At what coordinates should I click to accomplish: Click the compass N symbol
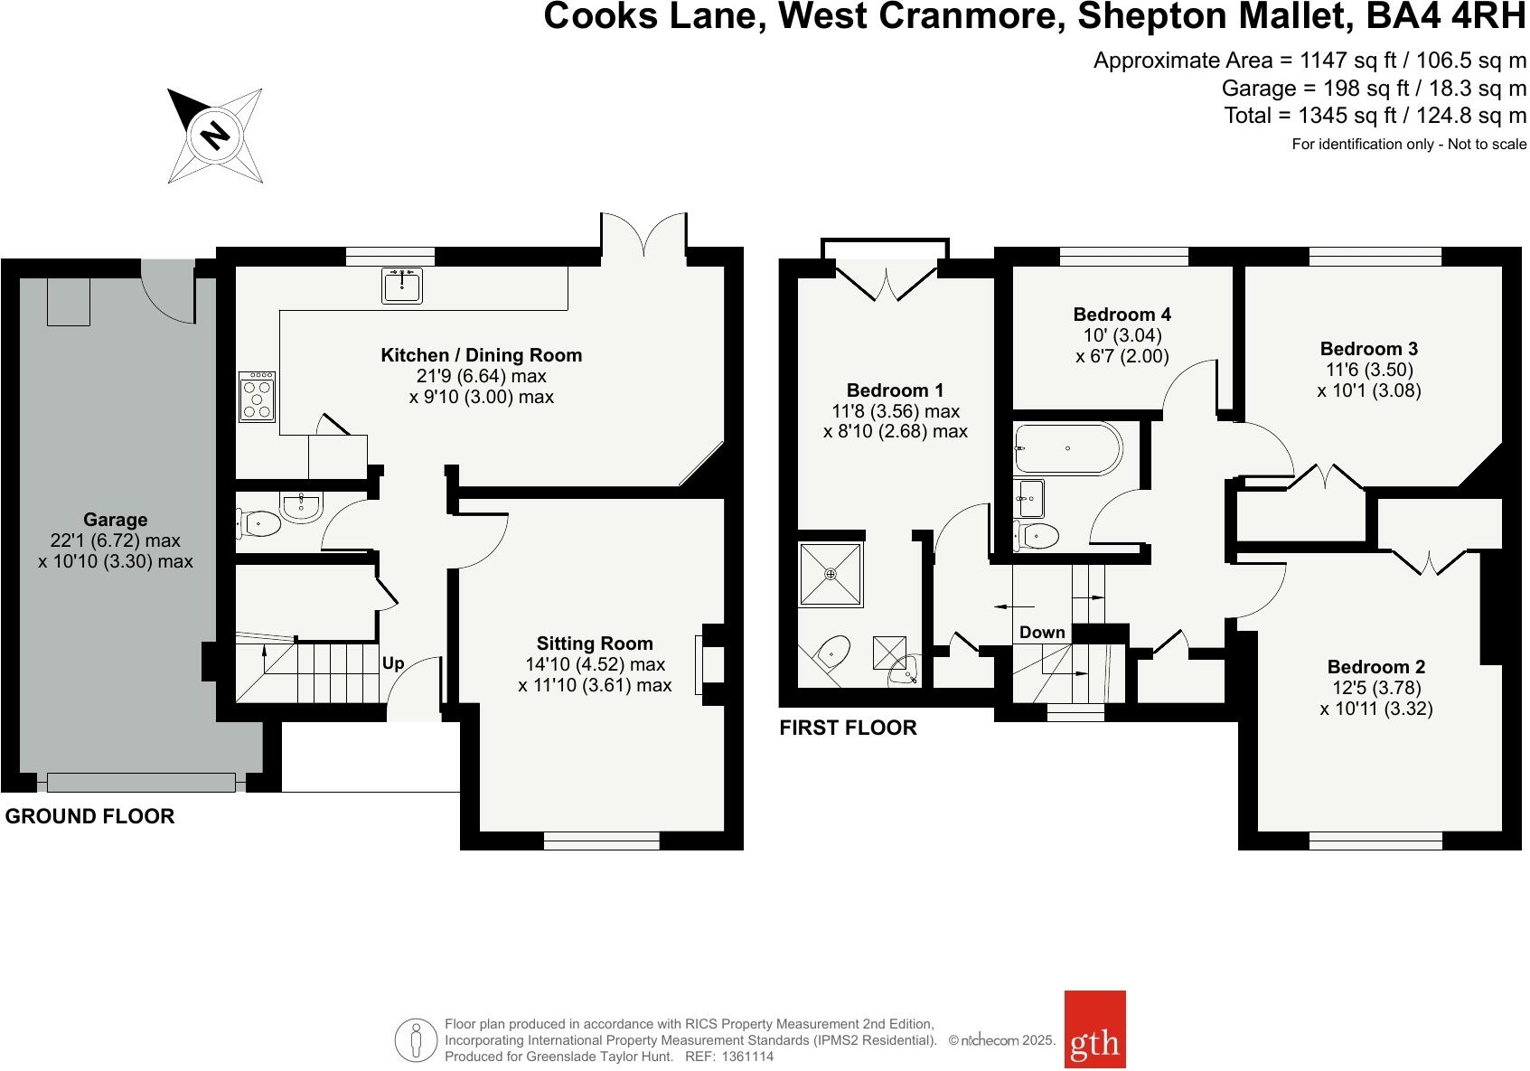214,136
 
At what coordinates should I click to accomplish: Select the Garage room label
115,520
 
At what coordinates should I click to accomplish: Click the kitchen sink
401,286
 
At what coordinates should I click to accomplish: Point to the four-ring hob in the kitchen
257,397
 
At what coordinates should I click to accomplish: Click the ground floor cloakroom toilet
259,522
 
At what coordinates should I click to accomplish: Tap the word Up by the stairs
393,663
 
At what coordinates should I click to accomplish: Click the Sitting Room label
594,644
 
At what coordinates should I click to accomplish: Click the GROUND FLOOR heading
89,816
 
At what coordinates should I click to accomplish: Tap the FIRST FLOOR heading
848,728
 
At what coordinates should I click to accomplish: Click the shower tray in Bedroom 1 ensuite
831,574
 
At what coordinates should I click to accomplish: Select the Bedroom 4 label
1122,315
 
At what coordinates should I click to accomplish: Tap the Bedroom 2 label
1375,667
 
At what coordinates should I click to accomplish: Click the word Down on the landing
1042,633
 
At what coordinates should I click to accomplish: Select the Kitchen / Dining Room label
481,355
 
